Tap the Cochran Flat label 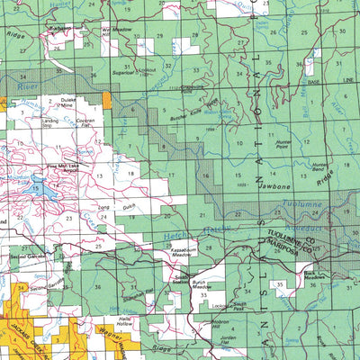click(x=86, y=121)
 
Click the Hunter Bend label click(x=320, y=166)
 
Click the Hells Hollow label click(x=124, y=320)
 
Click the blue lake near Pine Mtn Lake click(x=36, y=189)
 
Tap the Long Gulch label click(x=108, y=210)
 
